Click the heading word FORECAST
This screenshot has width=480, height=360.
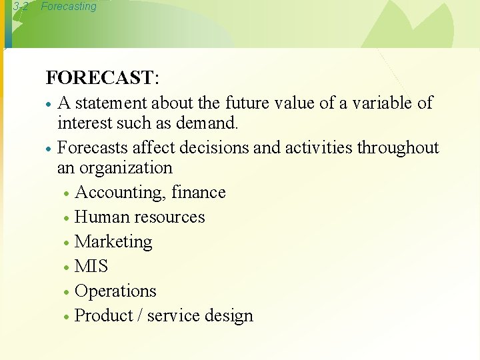point(99,78)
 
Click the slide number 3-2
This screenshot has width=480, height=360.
point(20,7)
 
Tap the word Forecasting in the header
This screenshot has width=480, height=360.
point(68,7)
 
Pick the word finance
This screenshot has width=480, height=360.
point(199,192)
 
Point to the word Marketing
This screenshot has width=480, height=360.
point(114,242)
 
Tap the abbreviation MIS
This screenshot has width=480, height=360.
point(91,266)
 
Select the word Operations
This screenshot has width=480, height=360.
point(116,291)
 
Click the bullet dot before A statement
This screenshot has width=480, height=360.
point(49,105)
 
